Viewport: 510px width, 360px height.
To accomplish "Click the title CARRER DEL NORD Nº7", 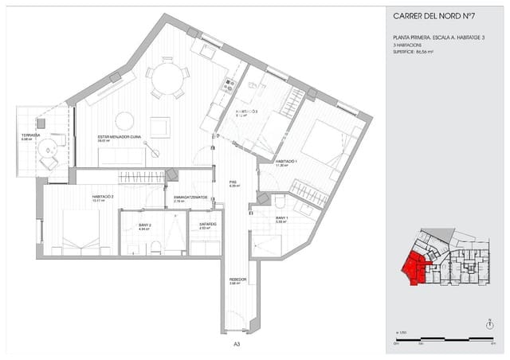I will pyautogui.click(x=435, y=15).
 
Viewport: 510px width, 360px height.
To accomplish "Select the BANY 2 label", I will pyautogui.click(x=144, y=225).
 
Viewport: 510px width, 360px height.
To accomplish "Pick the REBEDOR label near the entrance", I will pyautogui.click(x=237, y=280).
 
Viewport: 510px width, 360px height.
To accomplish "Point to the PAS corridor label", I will pyautogui.click(x=233, y=181).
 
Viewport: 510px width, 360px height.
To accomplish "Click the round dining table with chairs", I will pyautogui.click(x=167, y=77).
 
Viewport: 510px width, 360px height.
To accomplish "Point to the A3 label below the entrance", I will pyautogui.click(x=237, y=344).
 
